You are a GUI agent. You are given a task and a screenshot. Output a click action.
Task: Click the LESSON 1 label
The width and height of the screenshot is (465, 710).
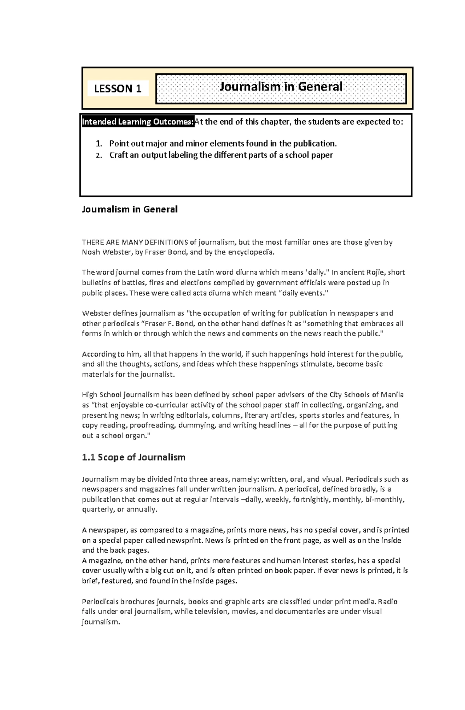(x=118, y=89)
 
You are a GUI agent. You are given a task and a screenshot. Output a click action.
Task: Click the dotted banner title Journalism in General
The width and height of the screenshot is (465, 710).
(x=281, y=86)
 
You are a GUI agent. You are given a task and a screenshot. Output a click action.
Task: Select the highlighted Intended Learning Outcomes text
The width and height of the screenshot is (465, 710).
(x=138, y=122)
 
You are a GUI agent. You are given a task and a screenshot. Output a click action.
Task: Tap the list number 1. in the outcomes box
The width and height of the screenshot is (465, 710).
(x=99, y=144)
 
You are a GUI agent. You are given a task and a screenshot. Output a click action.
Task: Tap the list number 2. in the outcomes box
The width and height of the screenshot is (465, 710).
(x=99, y=156)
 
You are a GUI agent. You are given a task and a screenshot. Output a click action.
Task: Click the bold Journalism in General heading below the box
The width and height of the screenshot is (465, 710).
(x=129, y=209)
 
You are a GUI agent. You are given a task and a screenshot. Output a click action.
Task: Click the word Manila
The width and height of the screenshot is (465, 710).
(x=392, y=395)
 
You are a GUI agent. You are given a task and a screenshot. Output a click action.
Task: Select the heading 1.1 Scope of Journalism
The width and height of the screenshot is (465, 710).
(x=134, y=457)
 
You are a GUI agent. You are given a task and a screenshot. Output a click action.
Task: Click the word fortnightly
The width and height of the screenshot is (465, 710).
(x=311, y=500)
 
